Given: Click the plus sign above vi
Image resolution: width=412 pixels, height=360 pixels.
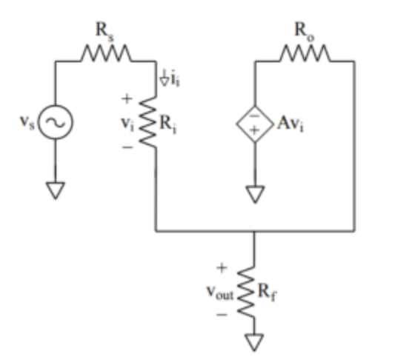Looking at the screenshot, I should pyautogui.click(x=127, y=97).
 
